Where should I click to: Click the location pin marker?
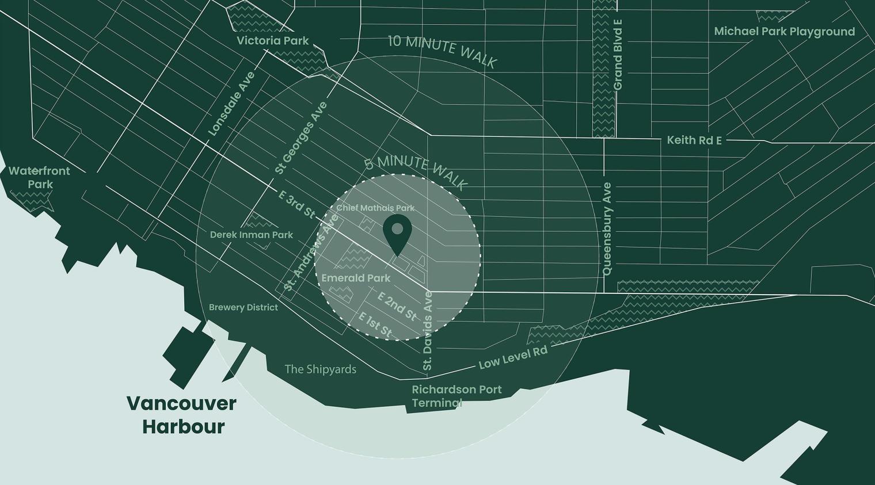point(397,232)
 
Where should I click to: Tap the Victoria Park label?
point(273,41)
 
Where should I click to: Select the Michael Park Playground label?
point(784,32)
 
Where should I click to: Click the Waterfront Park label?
point(39,178)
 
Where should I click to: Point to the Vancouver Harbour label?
point(181,415)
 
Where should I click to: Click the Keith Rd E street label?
point(694,140)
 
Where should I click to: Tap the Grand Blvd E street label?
point(618,55)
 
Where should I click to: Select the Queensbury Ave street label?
point(607,229)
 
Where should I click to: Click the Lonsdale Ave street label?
point(231,104)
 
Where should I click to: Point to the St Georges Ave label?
point(300,138)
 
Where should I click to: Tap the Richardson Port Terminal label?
point(456,396)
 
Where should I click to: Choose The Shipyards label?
point(321,369)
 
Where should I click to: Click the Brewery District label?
point(244,307)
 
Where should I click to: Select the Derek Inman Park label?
point(251,235)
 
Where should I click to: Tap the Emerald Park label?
point(356,278)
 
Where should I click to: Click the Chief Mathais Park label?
point(375,208)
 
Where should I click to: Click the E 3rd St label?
point(297,204)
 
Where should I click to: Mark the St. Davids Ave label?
point(428,331)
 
